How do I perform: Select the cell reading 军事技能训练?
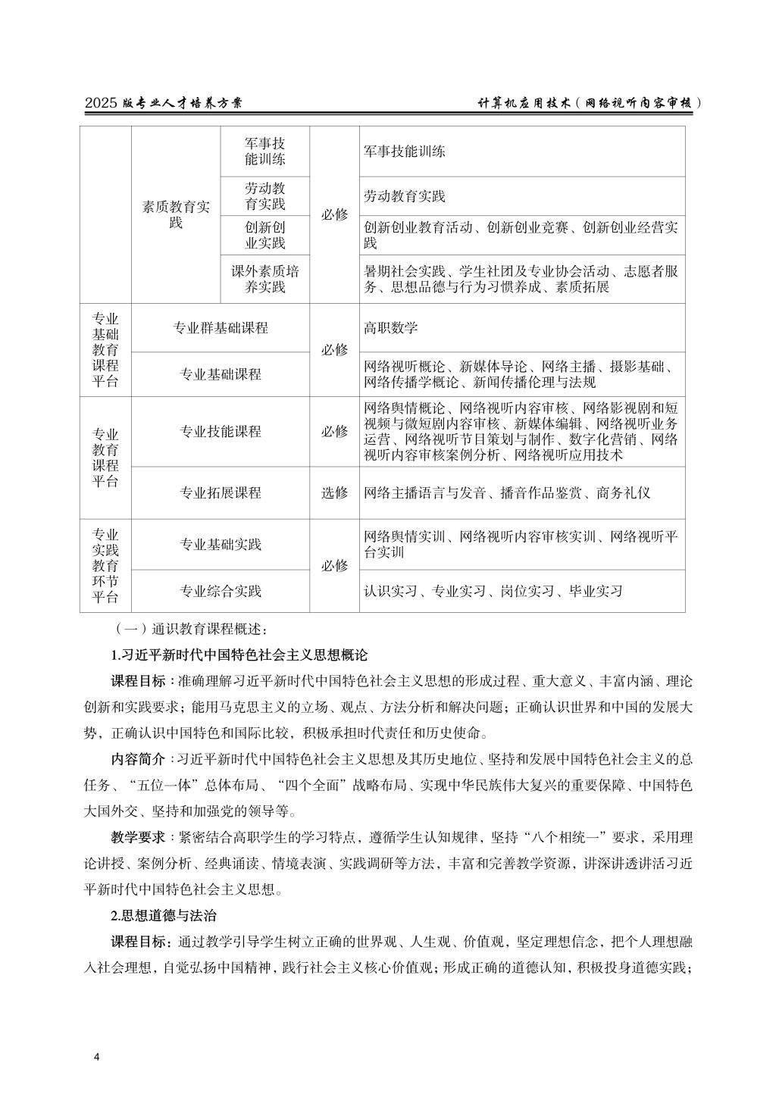(405, 151)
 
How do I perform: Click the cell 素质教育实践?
(176, 214)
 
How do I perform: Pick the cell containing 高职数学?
(391, 328)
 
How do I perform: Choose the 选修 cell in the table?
(334, 493)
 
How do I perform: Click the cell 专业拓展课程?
(220, 493)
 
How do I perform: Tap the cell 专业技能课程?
(220, 432)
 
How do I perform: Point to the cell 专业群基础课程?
(220, 328)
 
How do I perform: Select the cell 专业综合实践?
(220, 591)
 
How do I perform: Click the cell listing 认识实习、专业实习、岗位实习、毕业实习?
(493, 591)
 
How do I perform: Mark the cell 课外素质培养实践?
(264, 279)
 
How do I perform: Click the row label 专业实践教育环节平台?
(105, 566)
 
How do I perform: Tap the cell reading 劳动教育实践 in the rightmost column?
(405, 196)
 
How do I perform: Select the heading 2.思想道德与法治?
(164, 916)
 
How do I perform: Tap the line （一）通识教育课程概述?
(188, 629)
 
